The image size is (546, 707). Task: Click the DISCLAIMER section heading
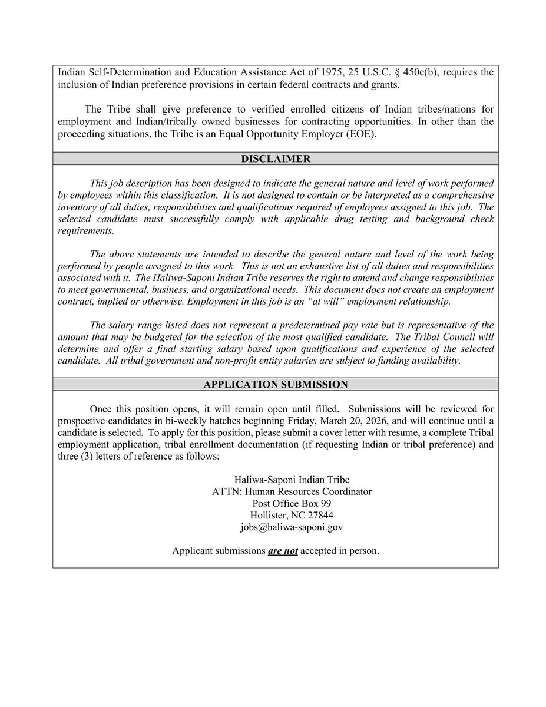tap(276, 159)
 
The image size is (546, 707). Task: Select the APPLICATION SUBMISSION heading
tap(276, 385)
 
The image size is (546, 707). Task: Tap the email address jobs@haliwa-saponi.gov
tap(292, 527)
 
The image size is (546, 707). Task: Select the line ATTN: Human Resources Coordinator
tap(292, 492)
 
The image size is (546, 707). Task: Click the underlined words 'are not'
tap(283, 551)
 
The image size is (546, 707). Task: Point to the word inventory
tap(78, 207)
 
